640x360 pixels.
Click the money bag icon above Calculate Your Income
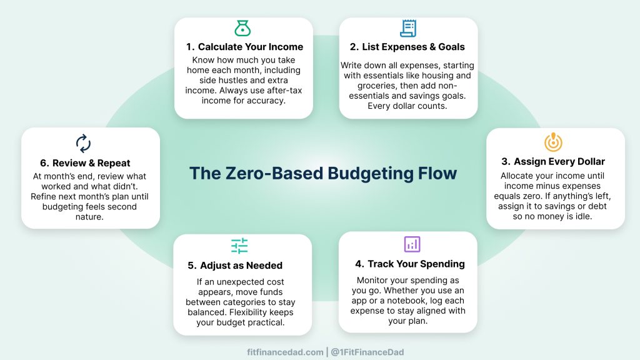242,28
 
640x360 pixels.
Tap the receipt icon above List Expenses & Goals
408,28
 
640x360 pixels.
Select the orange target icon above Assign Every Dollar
553,142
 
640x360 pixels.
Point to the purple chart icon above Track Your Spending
412,244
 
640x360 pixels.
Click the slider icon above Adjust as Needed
239,246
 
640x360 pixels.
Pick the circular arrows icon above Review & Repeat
83,143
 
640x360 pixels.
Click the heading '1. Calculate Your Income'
244,47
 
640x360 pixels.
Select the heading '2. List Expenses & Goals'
407,47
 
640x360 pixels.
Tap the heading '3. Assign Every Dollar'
553,162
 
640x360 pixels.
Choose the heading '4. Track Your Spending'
410,264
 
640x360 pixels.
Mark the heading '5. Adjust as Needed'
235,266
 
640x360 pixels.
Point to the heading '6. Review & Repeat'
85,163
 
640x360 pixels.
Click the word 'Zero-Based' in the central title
274,173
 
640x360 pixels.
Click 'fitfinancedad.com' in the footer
285,352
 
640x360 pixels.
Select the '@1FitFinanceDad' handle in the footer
367,352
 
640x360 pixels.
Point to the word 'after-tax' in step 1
284,91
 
